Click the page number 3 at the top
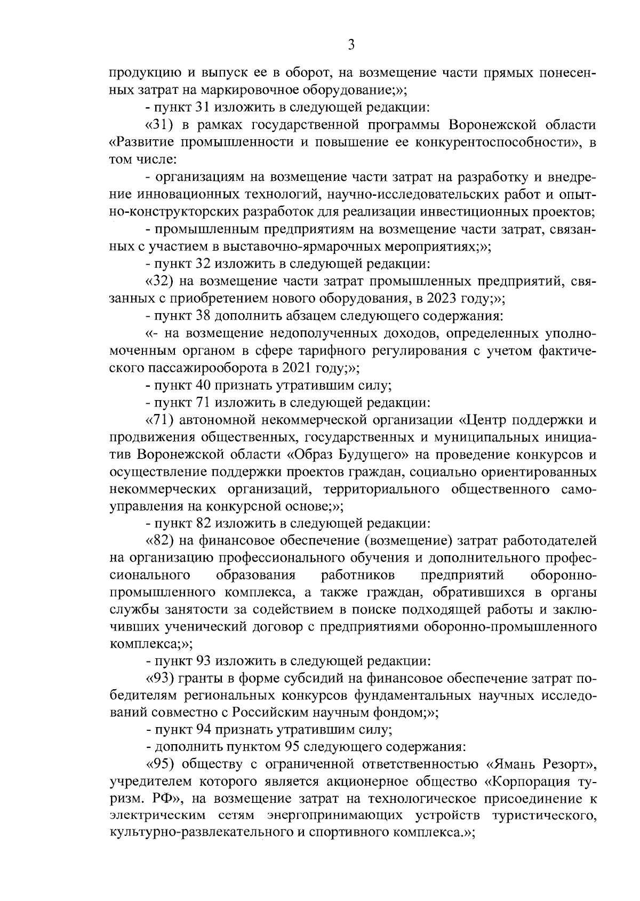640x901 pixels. point(351,46)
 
